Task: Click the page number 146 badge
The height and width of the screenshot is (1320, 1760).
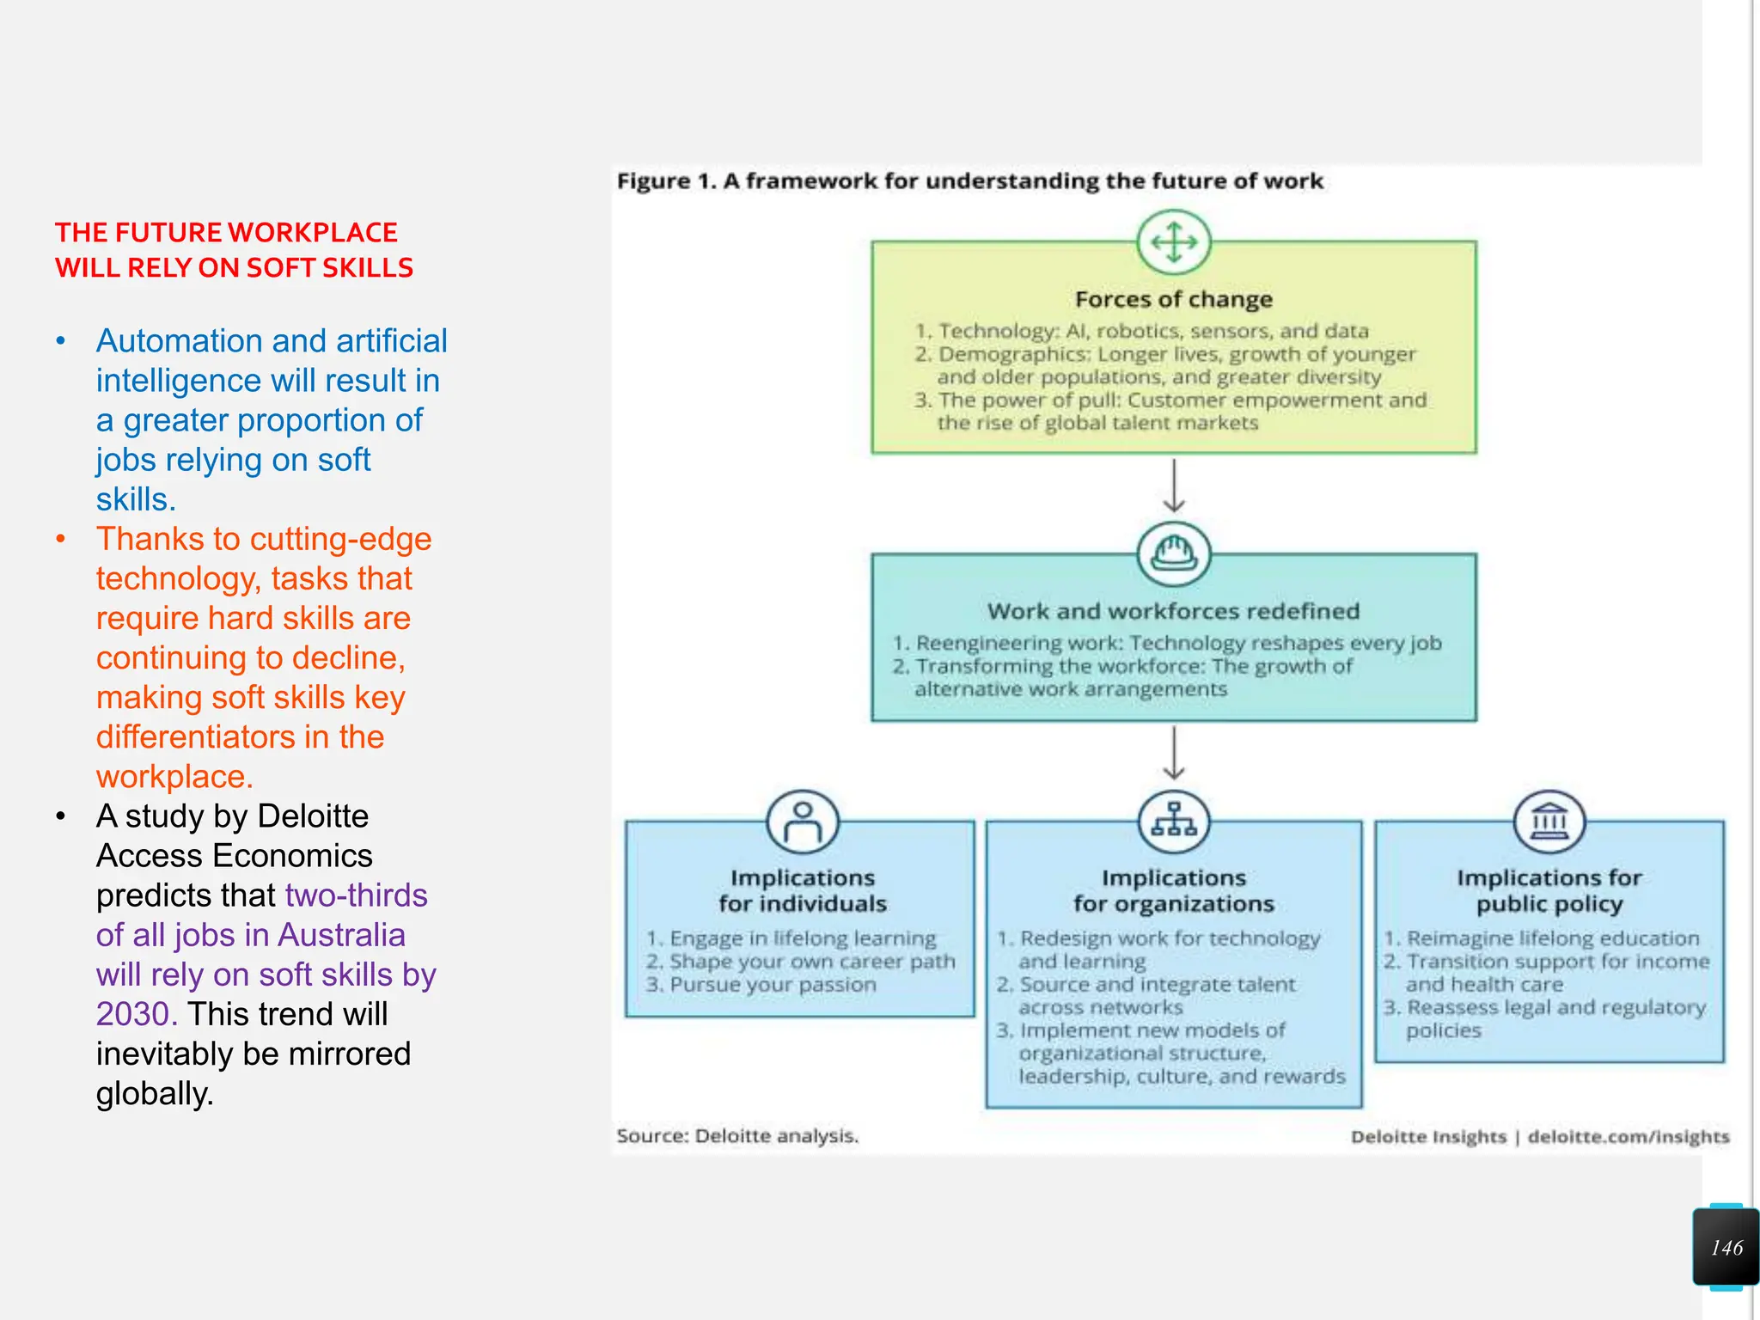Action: [x=1726, y=1247]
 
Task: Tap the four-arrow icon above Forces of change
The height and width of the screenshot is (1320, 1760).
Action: [x=1174, y=241]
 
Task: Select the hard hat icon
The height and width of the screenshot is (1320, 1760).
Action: [x=1174, y=553]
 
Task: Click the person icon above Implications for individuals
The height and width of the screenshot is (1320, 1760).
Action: [x=803, y=822]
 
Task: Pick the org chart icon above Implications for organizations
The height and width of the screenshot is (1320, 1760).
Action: [x=1174, y=822]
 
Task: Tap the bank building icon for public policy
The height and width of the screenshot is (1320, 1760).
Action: [x=1549, y=822]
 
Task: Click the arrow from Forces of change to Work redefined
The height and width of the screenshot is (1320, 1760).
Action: [x=1174, y=486]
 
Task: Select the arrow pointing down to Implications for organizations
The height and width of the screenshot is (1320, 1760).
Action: [x=1174, y=753]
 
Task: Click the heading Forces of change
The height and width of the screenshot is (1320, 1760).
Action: [x=1174, y=299]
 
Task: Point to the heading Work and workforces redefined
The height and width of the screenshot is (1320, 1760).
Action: [x=1174, y=611]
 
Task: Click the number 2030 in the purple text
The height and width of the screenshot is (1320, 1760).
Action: [x=136, y=1014]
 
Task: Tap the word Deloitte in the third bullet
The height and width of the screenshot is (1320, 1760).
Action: [x=313, y=816]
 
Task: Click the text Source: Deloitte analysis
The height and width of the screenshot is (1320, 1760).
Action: [x=737, y=1136]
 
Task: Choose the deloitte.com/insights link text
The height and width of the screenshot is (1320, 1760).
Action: [x=1629, y=1137]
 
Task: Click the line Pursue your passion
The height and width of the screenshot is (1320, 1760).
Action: [x=773, y=985]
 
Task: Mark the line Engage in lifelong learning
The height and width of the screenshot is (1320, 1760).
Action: [x=802, y=938]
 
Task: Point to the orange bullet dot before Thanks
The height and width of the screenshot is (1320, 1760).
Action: [x=61, y=540]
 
